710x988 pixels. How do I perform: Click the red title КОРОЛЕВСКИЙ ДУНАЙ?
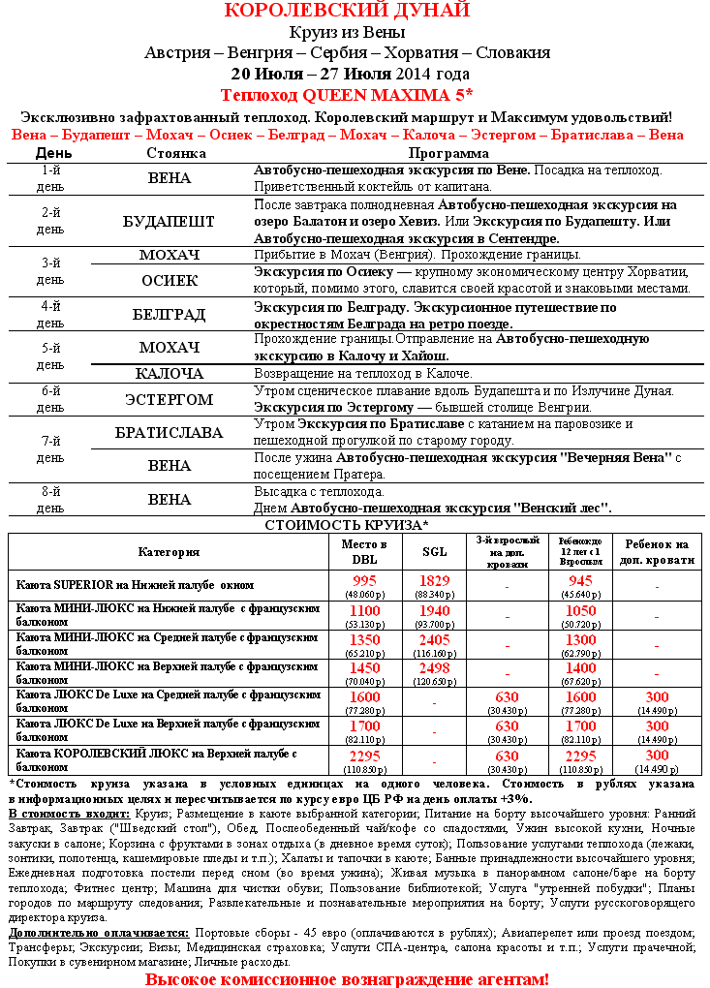click(347, 11)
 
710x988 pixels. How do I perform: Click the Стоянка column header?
click(175, 153)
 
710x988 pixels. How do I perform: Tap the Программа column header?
click(448, 153)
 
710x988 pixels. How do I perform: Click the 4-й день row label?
click(50, 315)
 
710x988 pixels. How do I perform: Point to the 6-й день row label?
click(50, 398)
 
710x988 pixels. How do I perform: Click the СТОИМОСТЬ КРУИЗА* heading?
click(347, 525)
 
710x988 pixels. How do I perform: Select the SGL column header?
click(435, 551)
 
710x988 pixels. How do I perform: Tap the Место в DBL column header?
click(364, 551)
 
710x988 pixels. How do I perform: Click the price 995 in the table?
click(364, 580)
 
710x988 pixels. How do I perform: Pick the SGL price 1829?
click(435, 580)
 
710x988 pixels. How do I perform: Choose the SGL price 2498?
click(435, 668)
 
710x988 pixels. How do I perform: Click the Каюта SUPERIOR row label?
click(135, 585)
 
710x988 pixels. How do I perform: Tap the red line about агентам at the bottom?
click(347, 979)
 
